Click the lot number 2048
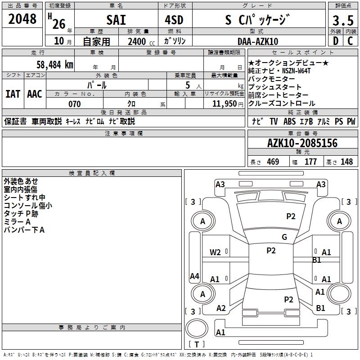point(22,19)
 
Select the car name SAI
point(116,20)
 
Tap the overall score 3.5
point(342,21)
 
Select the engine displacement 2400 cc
point(139,41)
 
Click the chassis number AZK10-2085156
point(302,143)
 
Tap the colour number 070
point(74,104)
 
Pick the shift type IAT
point(13,94)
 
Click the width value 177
point(310,162)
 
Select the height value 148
point(346,162)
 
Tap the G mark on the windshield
point(284,237)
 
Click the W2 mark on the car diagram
point(216,252)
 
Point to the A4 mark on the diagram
point(194,276)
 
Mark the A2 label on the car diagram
point(221,308)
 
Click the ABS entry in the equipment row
point(289,121)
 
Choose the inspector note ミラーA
point(17,222)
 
